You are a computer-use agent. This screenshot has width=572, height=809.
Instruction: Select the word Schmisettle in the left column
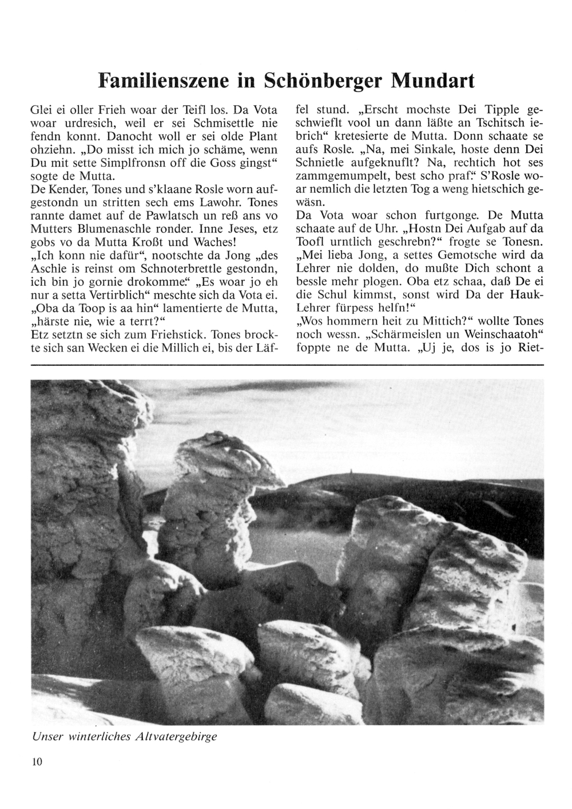click(x=227, y=123)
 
